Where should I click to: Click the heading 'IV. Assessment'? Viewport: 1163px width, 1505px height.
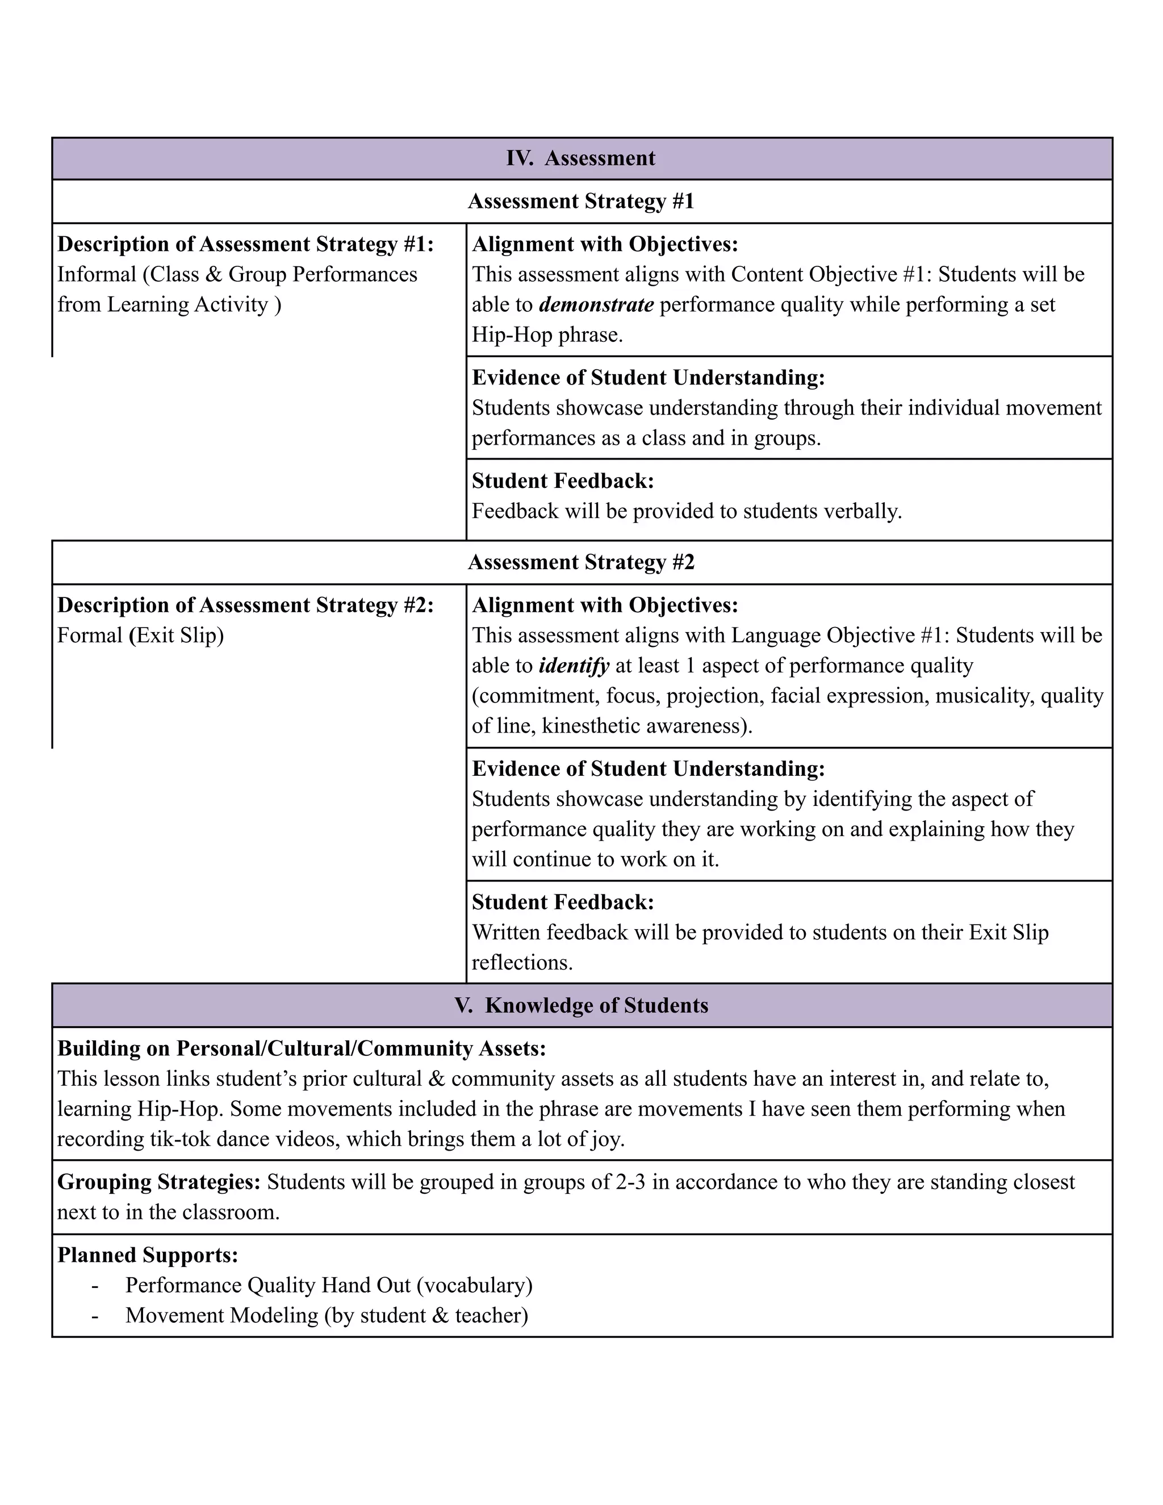(x=581, y=158)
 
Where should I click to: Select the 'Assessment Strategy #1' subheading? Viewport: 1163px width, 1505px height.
(x=581, y=201)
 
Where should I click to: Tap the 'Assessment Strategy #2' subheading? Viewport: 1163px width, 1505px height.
(x=581, y=562)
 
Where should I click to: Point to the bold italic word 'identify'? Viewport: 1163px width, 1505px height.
(x=574, y=666)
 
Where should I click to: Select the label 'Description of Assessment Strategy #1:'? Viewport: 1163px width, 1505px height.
(x=245, y=245)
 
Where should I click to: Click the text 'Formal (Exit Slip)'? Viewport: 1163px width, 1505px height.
(x=141, y=636)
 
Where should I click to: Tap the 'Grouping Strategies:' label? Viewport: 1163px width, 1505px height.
(x=159, y=1182)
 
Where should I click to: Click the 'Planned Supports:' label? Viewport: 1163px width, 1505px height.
(x=148, y=1255)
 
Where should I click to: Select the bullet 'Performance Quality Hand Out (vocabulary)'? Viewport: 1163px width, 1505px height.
(x=329, y=1285)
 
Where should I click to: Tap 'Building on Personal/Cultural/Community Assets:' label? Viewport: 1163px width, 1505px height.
(x=301, y=1049)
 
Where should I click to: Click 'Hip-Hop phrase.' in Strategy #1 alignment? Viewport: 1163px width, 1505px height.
(x=547, y=335)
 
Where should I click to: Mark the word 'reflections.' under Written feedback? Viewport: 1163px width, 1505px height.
(x=522, y=963)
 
